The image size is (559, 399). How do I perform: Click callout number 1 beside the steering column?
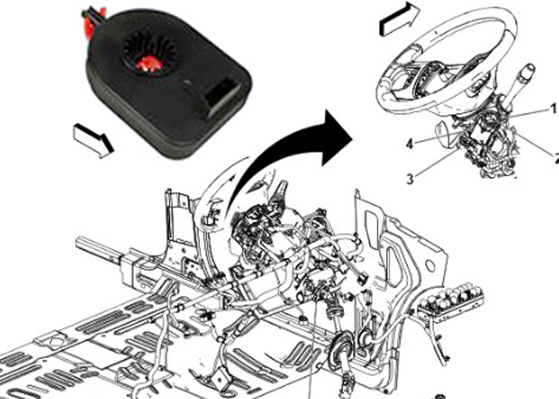551,108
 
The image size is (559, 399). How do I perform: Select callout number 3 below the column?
410,180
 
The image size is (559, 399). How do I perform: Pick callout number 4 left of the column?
408,144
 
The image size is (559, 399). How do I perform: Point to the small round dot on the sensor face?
184,81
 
